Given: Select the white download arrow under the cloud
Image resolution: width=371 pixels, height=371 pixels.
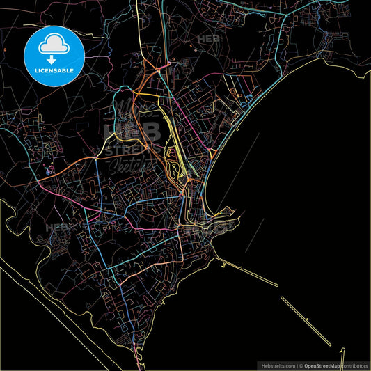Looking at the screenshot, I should click(54, 61).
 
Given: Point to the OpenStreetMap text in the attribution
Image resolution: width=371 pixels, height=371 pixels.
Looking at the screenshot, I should click(322, 365).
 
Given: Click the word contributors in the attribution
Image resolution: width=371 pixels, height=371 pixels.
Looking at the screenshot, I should click(354, 365).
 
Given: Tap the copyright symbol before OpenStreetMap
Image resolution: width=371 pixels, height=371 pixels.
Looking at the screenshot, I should click(301, 365).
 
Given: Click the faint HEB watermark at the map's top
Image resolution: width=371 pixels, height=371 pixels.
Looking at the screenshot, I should click(208, 39).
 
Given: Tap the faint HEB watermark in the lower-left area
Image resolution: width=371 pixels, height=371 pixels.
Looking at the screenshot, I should click(57, 227).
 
